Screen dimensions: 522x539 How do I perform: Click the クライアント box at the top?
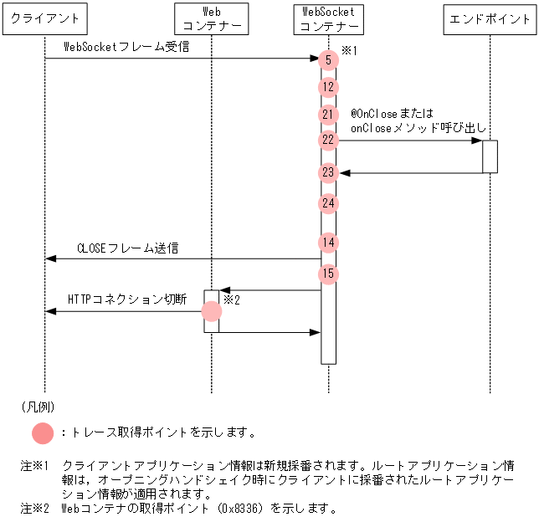click(44, 18)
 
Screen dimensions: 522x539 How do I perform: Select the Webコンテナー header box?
click(212, 18)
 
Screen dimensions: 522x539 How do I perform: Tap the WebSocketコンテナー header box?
click(328, 18)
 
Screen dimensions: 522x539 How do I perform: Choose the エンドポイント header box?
click(490, 18)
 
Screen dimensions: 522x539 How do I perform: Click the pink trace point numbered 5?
click(328, 59)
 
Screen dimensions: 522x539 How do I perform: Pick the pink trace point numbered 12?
click(328, 86)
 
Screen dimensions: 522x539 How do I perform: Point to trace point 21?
click(328, 114)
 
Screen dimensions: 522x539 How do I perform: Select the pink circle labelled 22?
click(328, 140)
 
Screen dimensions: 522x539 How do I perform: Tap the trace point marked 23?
click(328, 172)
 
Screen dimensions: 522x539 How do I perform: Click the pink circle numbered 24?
click(328, 202)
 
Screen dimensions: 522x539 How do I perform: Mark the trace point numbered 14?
click(328, 243)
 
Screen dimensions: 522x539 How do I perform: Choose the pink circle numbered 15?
click(328, 274)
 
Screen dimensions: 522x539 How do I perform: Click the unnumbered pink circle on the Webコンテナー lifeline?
click(212, 311)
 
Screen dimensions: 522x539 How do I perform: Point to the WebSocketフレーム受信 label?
click(126, 47)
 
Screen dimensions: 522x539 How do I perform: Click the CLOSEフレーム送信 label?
click(127, 248)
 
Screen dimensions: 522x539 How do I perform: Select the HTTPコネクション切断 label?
click(127, 299)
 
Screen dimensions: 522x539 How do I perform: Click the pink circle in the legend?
click(44, 433)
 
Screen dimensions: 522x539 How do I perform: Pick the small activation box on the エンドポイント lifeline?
click(490, 156)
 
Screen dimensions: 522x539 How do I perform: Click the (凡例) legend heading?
click(38, 407)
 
